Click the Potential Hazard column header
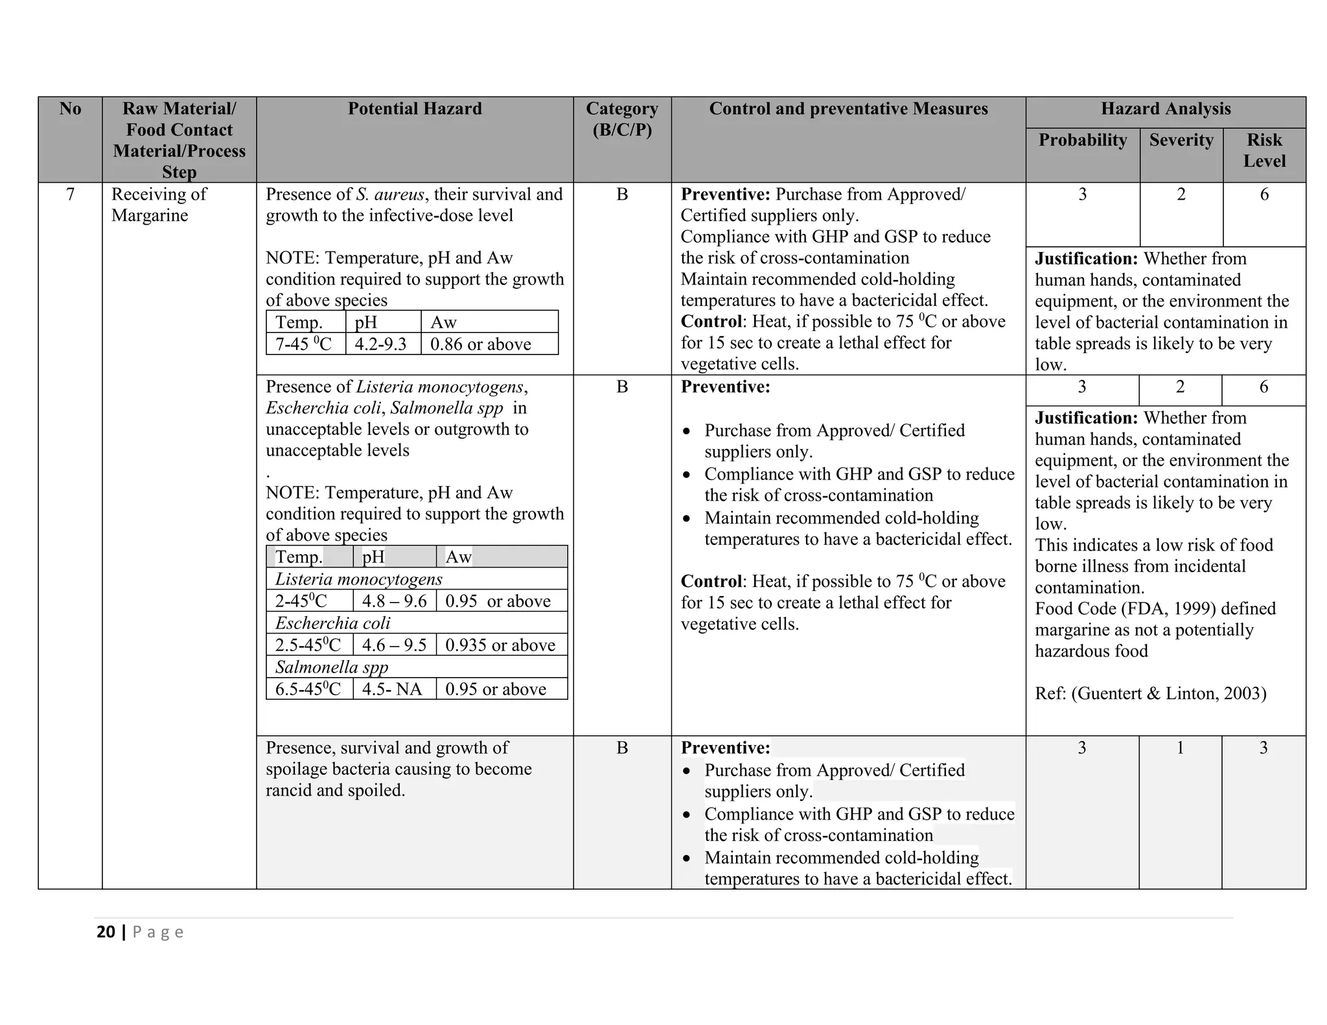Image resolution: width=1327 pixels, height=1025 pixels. click(x=415, y=109)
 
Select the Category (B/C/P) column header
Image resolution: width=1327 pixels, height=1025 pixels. click(x=621, y=119)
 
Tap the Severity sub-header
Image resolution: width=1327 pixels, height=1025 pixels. click(x=1181, y=140)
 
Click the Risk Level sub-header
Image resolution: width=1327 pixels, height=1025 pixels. click(x=1264, y=150)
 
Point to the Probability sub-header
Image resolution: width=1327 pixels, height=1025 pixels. click(x=1082, y=140)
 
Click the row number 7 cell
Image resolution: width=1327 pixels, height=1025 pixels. click(x=70, y=194)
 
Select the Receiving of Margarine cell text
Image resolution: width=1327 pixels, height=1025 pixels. click(x=159, y=205)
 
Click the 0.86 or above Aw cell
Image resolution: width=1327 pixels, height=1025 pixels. click(x=480, y=344)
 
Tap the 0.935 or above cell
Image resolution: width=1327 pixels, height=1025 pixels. click(x=500, y=645)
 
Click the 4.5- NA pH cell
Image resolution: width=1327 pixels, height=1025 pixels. click(x=391, y=689)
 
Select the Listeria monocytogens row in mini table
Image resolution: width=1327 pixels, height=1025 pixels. click(x=358, y=579)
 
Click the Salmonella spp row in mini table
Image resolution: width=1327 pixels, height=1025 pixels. click(x=332, y=667)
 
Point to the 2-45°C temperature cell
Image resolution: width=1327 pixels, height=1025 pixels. click(x=301, y=601)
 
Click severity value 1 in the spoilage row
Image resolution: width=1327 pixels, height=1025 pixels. click(x=1180, y=748)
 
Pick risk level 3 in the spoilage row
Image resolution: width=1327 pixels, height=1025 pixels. click(x=1263, y=748)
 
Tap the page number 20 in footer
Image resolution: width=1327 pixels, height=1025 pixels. click(x=106, y=932)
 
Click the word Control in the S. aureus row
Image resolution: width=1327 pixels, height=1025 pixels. click(x=711, y=322)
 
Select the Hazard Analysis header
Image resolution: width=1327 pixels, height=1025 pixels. click(x=1165, y=109)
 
